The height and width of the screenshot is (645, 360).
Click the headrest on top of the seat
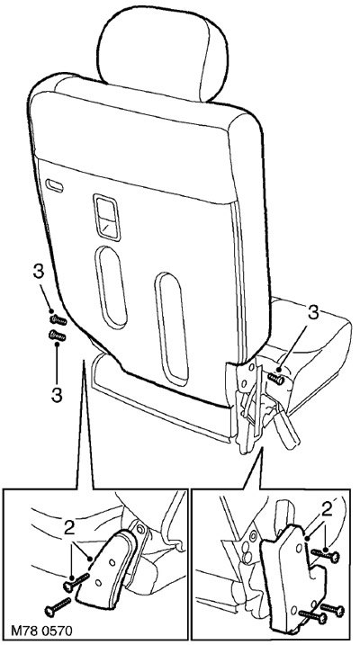162,51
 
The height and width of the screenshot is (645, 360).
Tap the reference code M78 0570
40,631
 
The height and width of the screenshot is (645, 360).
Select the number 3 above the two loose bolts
38,272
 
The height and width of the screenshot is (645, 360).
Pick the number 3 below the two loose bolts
57,395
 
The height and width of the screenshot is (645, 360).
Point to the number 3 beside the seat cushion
313,313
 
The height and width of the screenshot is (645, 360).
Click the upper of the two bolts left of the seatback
58,319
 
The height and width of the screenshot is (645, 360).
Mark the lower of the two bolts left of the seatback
58,336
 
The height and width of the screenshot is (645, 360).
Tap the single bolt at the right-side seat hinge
275,379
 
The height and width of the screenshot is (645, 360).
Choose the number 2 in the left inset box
70,528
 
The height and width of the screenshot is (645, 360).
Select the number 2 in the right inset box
327,510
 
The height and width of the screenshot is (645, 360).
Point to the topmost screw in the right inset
325,556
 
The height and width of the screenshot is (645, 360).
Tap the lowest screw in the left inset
58,607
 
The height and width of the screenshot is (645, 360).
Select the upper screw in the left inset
76,582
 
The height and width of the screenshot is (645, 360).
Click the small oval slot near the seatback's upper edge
54,186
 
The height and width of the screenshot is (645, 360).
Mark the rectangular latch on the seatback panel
106,217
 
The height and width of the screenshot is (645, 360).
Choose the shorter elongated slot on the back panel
111,288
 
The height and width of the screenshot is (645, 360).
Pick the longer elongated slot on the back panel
172,329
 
